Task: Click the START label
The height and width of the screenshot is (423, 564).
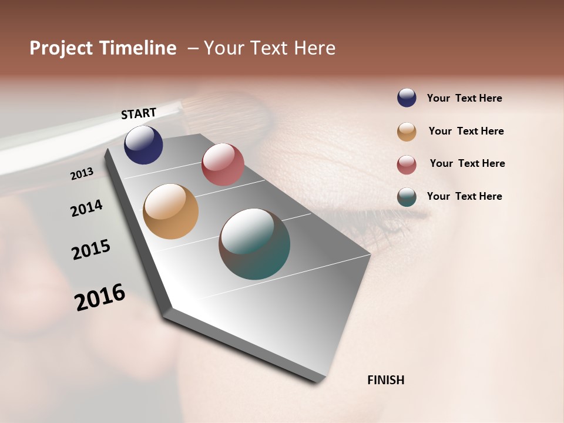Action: click(x=139, y=113)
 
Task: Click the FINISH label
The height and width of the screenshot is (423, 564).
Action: click(x=385, y=380)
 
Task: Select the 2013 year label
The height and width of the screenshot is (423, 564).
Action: click(x=82, y=173)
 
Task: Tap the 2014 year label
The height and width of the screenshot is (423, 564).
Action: click(x=86, y=208)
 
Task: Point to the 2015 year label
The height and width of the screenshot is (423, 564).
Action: click(x=91, y=249)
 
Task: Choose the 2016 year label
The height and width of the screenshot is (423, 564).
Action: click(x=100, y=297)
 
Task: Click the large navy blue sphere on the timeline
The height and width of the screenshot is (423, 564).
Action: click(x=143, y=145)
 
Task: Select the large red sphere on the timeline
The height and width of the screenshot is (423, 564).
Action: click(x=223, y=164)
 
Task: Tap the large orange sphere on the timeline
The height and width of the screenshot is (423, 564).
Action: click(x=170, y=211)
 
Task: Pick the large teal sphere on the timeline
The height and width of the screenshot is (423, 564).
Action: click(x=254, y=244)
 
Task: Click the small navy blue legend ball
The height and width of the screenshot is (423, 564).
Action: click(x=407, y=98)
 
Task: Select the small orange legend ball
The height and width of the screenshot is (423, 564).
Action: click(x=407, y=132)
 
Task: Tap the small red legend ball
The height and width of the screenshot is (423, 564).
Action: click(x=407, y=164)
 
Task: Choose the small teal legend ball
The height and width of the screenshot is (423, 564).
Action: click(x=407, y=197)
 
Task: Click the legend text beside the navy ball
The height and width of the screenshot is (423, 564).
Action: click(x=464, y=98)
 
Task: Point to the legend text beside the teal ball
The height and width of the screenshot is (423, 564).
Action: click(x=464, y=196)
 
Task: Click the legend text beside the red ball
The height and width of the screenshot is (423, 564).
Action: click(x=467, y=163)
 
